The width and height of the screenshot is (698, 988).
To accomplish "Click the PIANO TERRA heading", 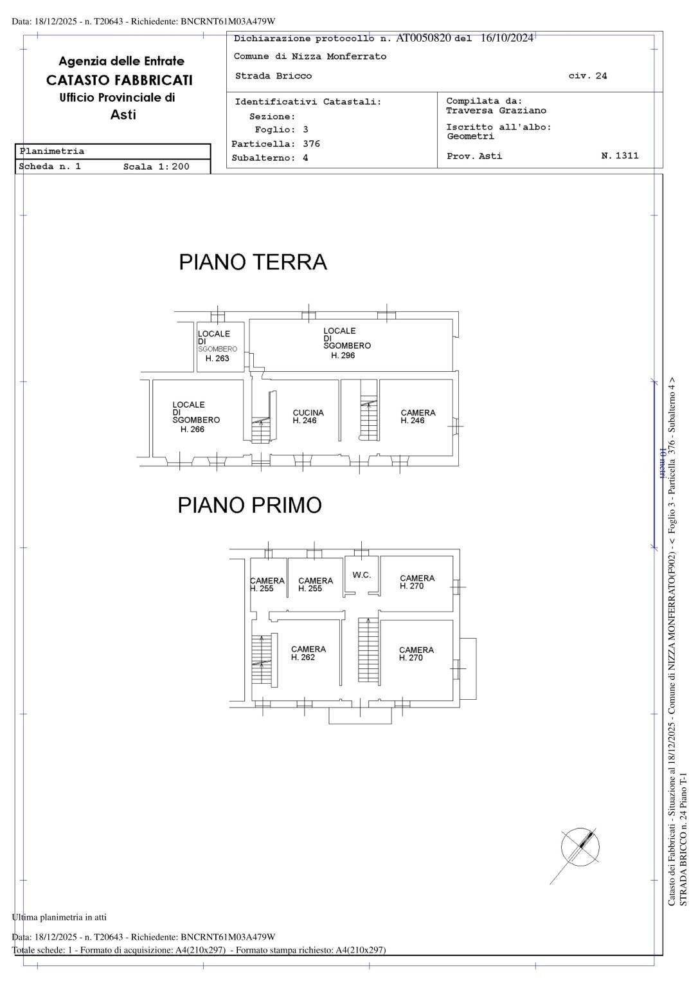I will point(253,262).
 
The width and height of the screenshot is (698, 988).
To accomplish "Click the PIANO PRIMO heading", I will point(249,506).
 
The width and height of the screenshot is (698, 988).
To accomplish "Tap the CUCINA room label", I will point(308,413).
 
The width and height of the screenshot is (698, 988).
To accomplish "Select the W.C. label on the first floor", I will point(362,575).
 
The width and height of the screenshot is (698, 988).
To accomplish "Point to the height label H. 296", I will point(343,356).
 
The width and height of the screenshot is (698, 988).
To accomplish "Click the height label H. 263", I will point(217,359).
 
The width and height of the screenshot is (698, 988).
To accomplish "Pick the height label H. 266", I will point(192,430).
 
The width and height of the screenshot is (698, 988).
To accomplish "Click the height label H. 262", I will point(303,658).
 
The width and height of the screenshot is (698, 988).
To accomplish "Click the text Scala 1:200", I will point(156,167).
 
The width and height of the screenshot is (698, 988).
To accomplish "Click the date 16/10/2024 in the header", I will point(506,38).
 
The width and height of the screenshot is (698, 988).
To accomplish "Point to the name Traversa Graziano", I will point(496,111).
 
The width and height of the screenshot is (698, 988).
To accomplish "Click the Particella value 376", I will point(311,144).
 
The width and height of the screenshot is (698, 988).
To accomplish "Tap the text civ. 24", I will point(587,76).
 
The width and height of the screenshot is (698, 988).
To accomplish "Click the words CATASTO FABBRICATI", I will point(119,80).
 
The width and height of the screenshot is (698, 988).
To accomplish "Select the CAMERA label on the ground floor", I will point(418,413).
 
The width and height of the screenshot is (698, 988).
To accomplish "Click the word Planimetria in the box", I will point(52,152).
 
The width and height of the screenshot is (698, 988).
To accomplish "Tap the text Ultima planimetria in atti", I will point(59,917).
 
